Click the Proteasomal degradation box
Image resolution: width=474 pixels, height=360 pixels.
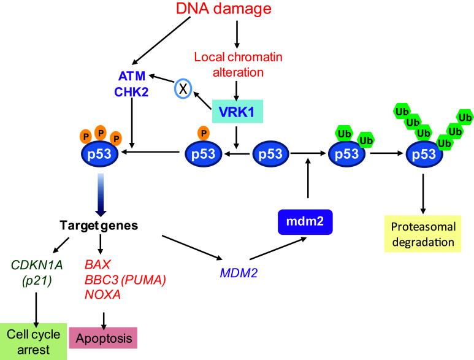424,234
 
